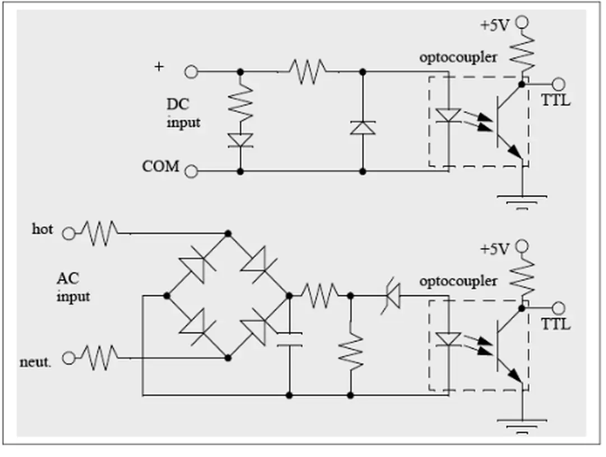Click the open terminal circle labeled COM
(191, 171)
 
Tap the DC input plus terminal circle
(191, 72)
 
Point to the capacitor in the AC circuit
(290, 339)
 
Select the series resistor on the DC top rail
(307, 72)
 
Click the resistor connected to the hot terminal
(100, 231)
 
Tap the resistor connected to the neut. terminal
(100, 356)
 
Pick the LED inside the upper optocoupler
(448, 116)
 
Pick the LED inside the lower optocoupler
(448, 339)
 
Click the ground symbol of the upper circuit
(522, 200)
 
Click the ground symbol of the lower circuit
(522, 424)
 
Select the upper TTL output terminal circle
(558, 84)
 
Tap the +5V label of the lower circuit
(494, 249)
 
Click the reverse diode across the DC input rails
(362, 127)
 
